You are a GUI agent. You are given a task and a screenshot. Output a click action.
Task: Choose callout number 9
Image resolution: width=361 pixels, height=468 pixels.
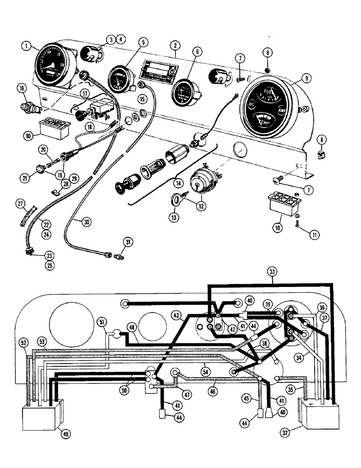pos(305,78)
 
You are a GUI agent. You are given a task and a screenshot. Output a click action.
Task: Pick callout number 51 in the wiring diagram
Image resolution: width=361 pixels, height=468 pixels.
pos(101,322)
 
